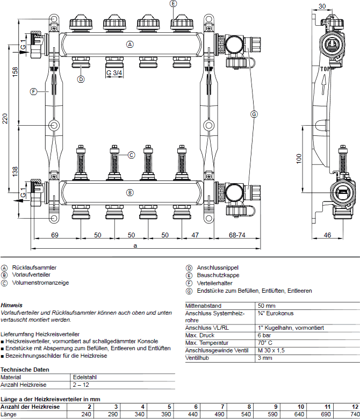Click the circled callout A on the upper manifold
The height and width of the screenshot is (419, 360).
(x=129, y=45)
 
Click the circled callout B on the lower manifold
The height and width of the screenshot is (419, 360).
(x=129, y=192)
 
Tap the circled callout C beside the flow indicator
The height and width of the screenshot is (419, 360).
(x=131, y=155)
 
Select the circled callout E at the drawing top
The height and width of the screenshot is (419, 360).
(x=173, y=4)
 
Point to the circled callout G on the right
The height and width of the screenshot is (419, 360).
(x=254, y=114)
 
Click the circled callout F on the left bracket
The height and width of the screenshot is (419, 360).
(x=33, y=92)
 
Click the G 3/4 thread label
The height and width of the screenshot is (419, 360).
(x=114, y=73)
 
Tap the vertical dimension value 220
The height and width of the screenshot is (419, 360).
(x=5, y=119)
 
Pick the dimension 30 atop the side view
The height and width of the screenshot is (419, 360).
(x=322, y=6)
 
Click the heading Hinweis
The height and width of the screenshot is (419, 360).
(x=11, y=305)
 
